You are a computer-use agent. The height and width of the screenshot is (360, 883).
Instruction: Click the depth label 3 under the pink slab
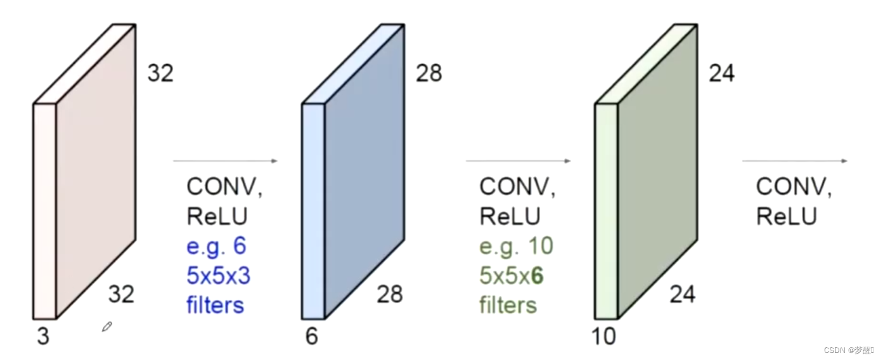coord(42,337)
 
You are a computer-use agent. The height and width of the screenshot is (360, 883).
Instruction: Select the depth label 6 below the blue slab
coord(311,337)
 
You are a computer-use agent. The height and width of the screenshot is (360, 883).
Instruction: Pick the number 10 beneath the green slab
coord(605,337)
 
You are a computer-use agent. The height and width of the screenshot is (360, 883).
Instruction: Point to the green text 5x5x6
coord(511,276)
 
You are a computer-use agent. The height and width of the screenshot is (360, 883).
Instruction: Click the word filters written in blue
coord(215,305)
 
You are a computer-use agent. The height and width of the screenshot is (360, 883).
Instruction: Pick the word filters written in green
coord(508,305)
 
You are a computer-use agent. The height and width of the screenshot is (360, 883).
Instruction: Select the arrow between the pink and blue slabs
coord(225,161)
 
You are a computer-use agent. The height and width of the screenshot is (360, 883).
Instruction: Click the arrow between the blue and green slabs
coord(518,161)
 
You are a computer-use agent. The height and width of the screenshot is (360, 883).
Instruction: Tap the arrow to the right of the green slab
coord(795,161)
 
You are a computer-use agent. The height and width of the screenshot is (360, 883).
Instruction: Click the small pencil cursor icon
coord(107,327)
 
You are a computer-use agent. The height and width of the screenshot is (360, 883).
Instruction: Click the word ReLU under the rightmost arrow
coord(786,217)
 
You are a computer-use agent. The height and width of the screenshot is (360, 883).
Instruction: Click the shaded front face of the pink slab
coord(96,171)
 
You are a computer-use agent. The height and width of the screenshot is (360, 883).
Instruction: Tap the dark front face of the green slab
coord(657,171)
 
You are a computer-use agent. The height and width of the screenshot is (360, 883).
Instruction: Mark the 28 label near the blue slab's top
coord(429,74)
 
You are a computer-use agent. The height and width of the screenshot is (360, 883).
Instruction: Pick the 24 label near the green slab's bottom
coord(682,294)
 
